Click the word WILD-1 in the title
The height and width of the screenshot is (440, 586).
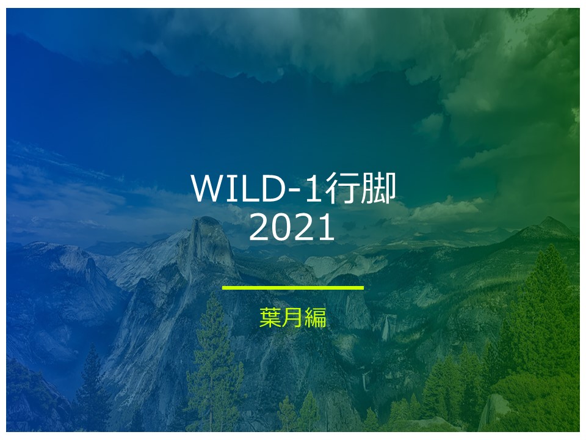pyautogui.click(x=256, y=188)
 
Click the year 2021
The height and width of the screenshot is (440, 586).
pyautogui.click(x=292, y=227)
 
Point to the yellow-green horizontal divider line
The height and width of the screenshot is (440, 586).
pyautogui.click(x=292, y=288)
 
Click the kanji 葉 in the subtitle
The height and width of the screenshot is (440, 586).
pyautogui.click(x=270, y=317)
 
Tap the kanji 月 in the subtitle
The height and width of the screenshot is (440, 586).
pyautogui.click(x=292, y=317)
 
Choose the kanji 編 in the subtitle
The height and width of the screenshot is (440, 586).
pyautogui.click(x=316, y=317)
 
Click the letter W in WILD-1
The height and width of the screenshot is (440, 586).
pyautogui.click(x=209, y=188)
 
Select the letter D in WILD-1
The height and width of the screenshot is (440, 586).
pyautogui.click(x=272, y=188)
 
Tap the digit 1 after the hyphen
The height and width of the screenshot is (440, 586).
pyautogui.click(x=313, y=188)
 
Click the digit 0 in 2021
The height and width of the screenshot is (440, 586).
pyautogui.click(x=281, y=227)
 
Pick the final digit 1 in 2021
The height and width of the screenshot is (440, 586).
pyautogui.click(x=326, y=227)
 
